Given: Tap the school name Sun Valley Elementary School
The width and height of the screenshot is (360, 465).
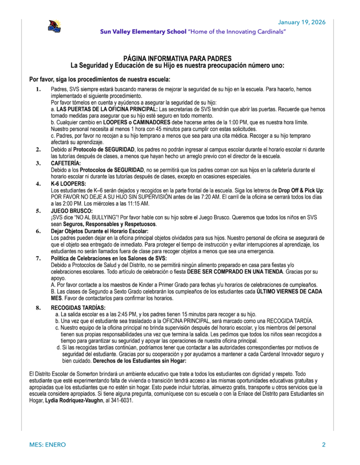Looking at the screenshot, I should [143, 32].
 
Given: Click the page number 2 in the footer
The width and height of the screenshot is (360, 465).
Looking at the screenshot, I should [324, 445].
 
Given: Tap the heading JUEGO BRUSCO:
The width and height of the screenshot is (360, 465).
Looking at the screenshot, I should [71, 211].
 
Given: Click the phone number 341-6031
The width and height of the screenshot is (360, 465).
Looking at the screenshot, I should [122, 401].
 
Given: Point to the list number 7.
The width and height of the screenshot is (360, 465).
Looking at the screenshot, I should [38, 258].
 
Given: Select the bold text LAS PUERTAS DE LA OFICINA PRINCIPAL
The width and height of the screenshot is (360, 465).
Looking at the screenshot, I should [107, 109].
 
